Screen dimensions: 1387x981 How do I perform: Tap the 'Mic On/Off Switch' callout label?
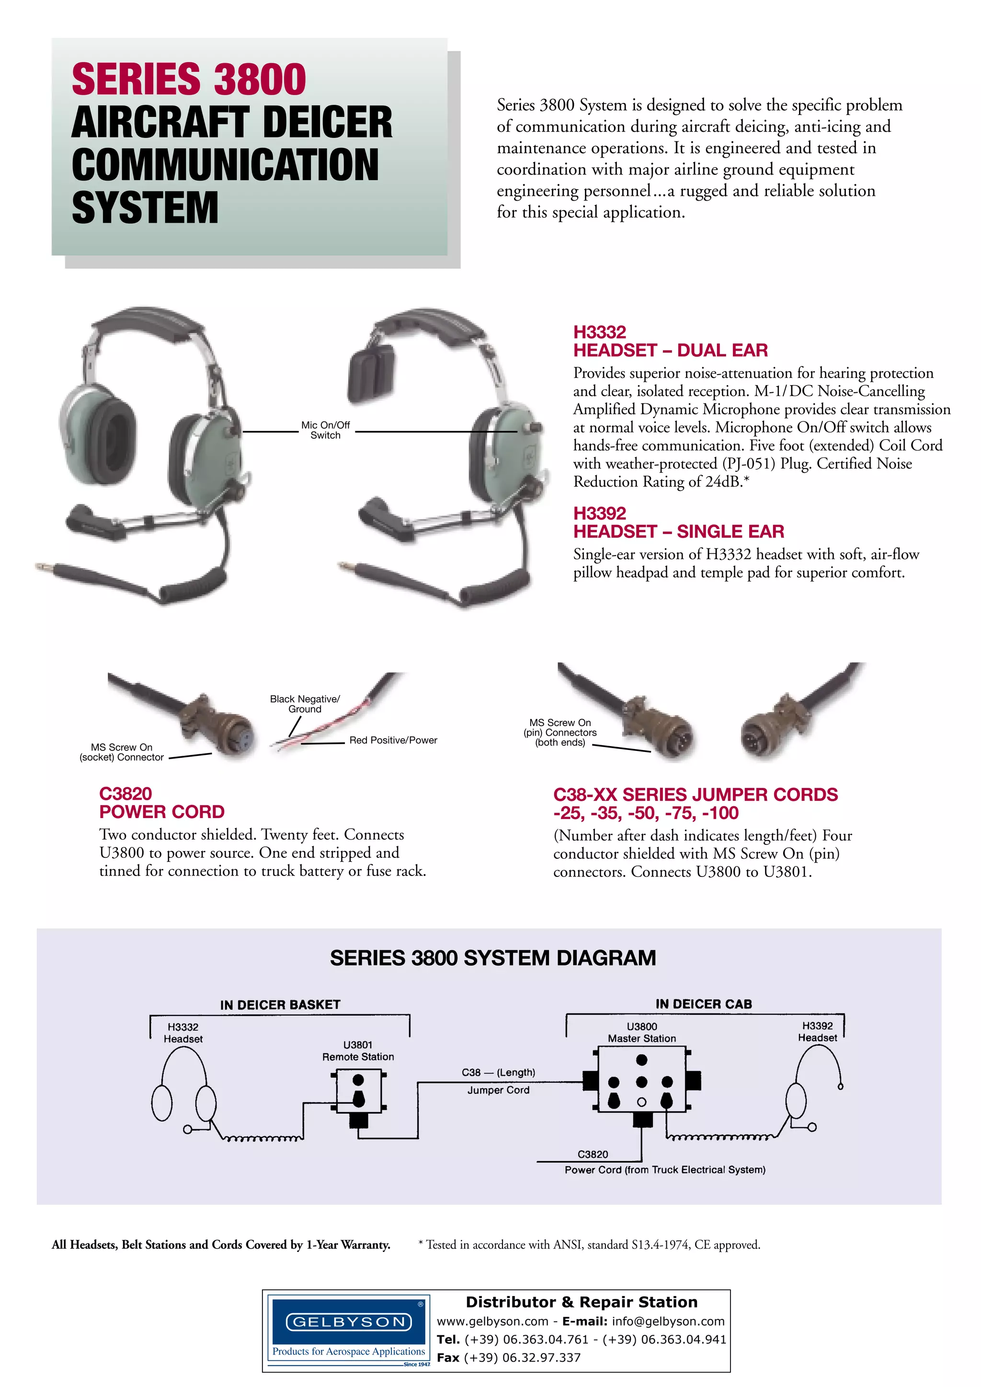(326, 430)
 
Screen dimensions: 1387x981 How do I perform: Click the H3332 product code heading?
(599, 331)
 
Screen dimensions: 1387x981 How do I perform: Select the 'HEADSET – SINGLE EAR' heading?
(678, 532)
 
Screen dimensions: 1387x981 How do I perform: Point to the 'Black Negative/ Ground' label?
(305, 704)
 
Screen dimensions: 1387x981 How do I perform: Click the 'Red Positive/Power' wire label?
(393, 740)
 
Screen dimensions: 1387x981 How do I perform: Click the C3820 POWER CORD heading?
(161, 803)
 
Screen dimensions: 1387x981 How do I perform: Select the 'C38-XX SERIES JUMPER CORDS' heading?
(696, 795)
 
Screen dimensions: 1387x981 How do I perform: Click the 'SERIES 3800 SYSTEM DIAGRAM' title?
(492, 958)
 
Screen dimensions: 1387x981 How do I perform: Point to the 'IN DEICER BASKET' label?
(280, 1005)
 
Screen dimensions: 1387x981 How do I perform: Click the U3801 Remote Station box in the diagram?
(359, 1091)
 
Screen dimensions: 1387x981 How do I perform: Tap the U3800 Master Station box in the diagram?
(641, 1081)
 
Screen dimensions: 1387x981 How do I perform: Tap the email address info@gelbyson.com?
(668, 1321)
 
